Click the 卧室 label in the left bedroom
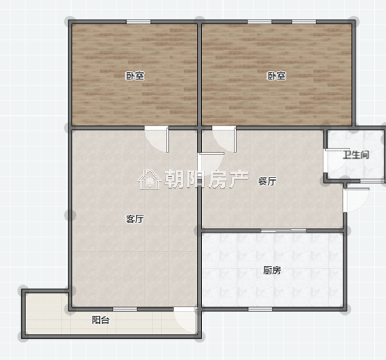click(x=135, y=76)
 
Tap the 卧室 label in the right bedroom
click(x=277, y=76)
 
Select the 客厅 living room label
click(x=135, y=219)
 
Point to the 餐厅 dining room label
click(x=267, y=182)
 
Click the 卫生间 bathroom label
click(x=356, y=155)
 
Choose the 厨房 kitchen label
click(x=272, y=271)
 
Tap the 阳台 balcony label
click(x=101, y=320)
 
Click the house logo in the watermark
click(x=150, y=179)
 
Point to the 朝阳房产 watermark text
click(x=206, y=179)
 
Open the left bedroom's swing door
click(x=157, y=139)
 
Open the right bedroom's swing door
click(x=225, y=139)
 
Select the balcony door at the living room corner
click(x=185, y=320)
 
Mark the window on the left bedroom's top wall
click(x=138, y=22)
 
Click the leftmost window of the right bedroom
click(x=259, y=22)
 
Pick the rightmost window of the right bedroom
click(x=304, y=22)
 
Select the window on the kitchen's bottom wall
click(x=260, y=309)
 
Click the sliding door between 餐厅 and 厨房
click(x=284, y=230)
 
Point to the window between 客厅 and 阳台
click(x=125, y=309)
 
